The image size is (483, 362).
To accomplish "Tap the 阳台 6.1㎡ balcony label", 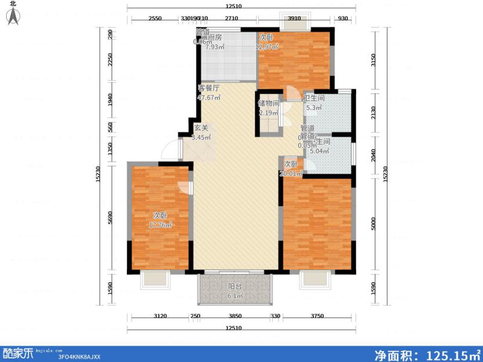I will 235,291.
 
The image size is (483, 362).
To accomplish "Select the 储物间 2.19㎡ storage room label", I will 269,108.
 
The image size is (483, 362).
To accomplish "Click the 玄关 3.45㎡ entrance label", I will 202,132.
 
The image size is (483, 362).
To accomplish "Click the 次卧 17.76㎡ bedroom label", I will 161,221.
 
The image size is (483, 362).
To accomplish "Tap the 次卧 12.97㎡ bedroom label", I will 267,42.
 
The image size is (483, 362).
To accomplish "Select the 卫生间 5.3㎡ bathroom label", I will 314,103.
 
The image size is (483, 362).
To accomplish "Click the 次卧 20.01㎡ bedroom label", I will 290,170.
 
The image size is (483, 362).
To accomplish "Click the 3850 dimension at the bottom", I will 235,317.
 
